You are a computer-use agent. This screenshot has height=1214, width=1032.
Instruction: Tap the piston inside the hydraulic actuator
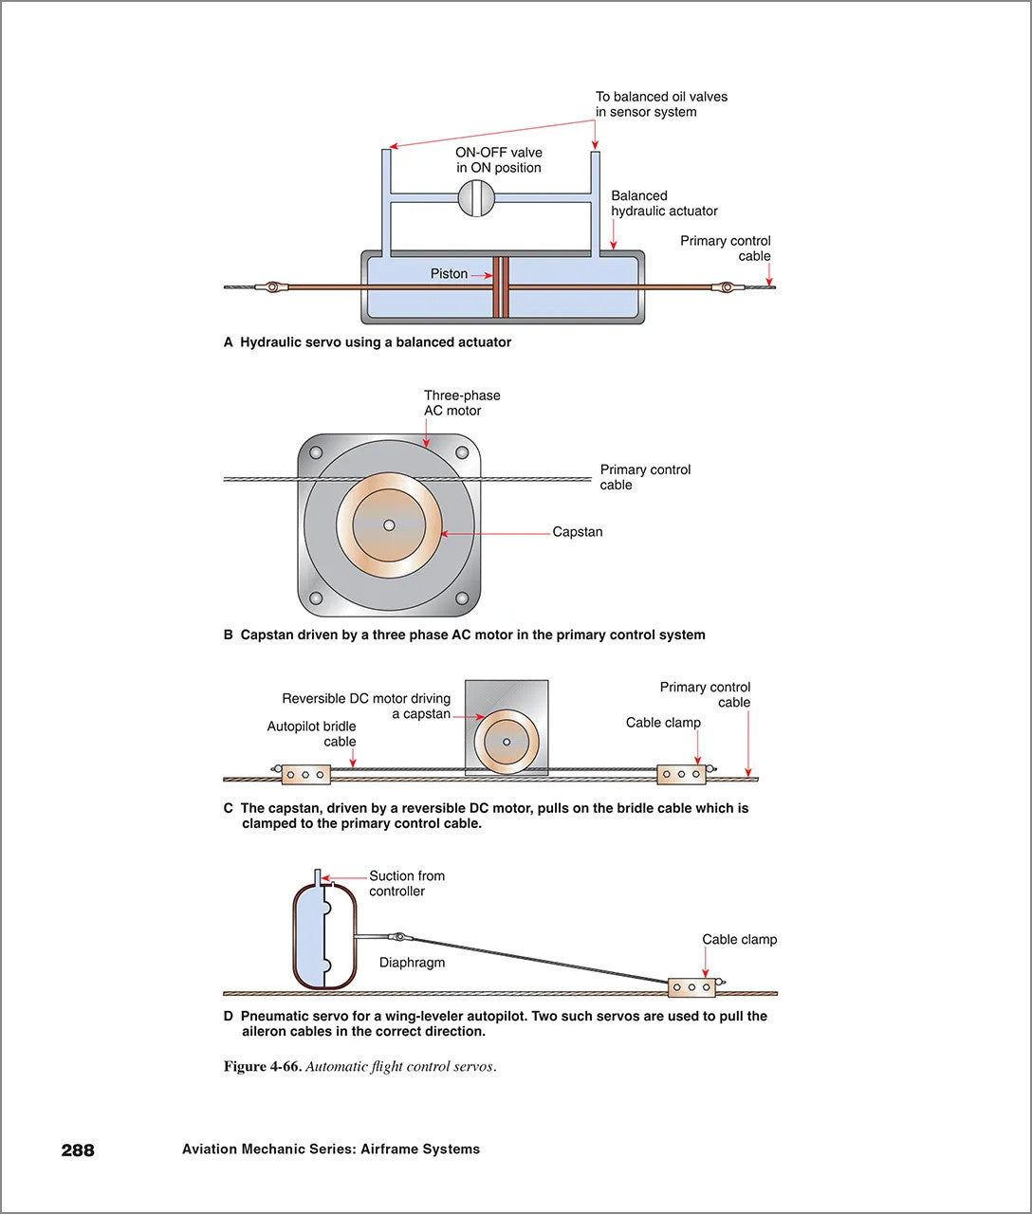(x=500, y=287)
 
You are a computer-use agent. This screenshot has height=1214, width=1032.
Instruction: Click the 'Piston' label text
(x=449, y=274)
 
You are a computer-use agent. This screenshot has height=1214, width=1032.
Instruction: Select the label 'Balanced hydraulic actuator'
(x=664, y=203)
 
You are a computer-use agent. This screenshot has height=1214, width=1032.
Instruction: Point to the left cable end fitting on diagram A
(x=272, y=286)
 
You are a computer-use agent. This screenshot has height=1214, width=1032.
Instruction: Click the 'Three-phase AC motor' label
(x=462, y=403)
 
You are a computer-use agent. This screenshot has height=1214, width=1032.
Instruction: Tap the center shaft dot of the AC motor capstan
(x=389, y=525)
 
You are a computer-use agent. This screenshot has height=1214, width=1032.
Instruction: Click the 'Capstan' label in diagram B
(x=578, y=532)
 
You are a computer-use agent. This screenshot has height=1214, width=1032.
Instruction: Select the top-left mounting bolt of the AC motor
(x=316, y=452)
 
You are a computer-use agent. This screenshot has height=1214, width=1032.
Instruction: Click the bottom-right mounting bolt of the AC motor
(x=462, y=598)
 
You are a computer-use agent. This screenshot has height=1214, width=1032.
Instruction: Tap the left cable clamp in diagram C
(x=305, y=775)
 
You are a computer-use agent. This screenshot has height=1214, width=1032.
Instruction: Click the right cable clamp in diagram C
(x=681, y=774)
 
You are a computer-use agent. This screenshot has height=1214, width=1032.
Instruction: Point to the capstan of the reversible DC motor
(x=507, y=742)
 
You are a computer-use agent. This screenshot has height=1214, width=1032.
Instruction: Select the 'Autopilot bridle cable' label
(x=312, y=734)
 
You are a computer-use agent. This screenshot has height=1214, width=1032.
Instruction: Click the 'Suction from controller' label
(x=406, y=883)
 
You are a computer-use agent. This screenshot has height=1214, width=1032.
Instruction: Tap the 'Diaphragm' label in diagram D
(x=412, y=962)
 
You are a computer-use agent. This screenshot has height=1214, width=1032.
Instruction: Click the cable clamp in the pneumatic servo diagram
(x=691, y=987)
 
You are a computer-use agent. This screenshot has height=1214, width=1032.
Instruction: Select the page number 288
(x=78, y=1150)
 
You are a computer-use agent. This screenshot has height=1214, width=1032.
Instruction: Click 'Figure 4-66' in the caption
(x=262, y=1066)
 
